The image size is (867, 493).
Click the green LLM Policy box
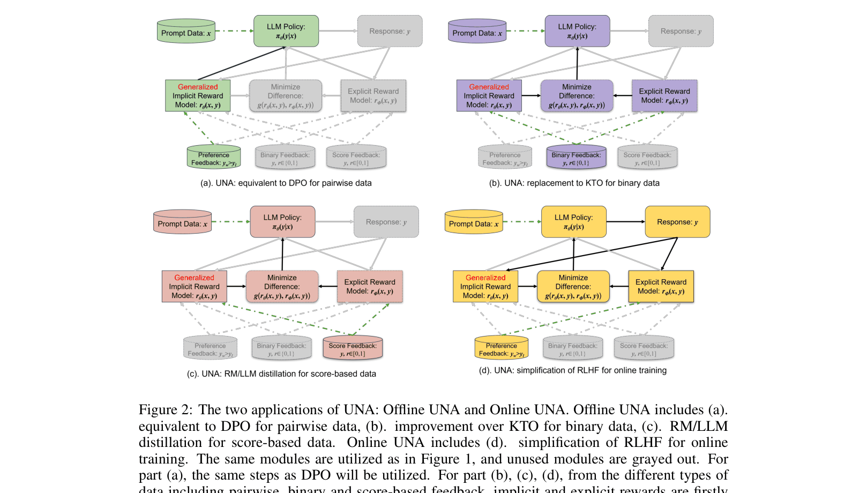tap(286, 31)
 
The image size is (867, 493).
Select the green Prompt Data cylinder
tap(186, 32)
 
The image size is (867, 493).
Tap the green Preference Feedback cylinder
tap(213, 157)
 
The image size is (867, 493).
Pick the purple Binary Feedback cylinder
tap(576, 157)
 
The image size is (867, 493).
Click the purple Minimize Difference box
tap(577, 96)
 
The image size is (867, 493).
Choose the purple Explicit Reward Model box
tap(664, 96)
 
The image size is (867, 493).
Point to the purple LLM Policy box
tap(577, 31)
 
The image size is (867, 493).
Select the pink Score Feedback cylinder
tap(353, 348)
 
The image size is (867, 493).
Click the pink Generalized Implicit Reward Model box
tap(194, 287)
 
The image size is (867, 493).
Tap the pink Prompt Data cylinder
tap(182, 222)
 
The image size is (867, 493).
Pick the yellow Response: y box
tap(677, 222)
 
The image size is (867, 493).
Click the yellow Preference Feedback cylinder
tap(501, 348)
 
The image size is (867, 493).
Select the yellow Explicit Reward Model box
tap(661, 287)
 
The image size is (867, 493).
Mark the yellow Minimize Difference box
tap(573, 287)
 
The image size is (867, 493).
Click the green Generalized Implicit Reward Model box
tap(198, 96)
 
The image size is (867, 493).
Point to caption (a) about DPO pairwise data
tap(286, 183)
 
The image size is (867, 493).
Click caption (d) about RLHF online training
tap(572, 370)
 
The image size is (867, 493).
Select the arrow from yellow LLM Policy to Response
tap(625, 222)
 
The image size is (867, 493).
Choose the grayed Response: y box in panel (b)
tap(681, 31)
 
